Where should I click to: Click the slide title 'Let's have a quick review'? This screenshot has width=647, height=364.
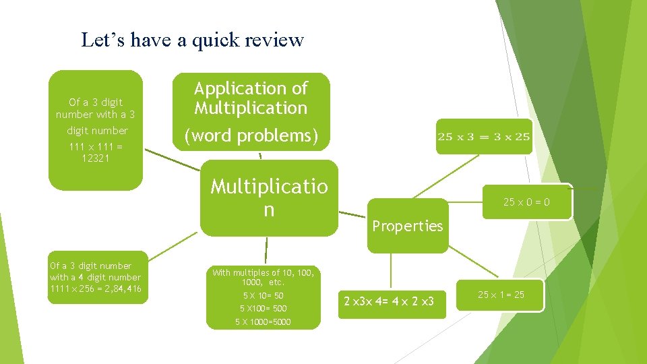point(192,40)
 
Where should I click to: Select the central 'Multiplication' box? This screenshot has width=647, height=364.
point(269,198)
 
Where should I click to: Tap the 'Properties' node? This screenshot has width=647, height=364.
point(407,226)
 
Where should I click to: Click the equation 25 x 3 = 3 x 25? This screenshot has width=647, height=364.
point(483,137)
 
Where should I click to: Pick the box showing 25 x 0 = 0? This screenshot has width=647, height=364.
point(526,202)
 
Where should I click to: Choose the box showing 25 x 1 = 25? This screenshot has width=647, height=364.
point(500,295)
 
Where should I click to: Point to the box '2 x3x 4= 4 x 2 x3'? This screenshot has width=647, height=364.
point(389,301)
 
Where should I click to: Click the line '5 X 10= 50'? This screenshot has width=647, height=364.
point(263,296)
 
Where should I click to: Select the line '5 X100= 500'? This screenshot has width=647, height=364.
point(263,309)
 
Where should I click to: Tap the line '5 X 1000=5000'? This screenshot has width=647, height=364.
point(263,322)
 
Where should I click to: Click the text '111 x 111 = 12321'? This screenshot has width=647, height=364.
point(95,152)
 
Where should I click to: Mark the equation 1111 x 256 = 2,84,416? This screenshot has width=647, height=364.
point(95,289)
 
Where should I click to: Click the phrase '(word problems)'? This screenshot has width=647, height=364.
point(251,135)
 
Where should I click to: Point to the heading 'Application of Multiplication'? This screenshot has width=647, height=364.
point(251,98)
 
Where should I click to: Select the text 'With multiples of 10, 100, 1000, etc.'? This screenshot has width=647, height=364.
point(263,277)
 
